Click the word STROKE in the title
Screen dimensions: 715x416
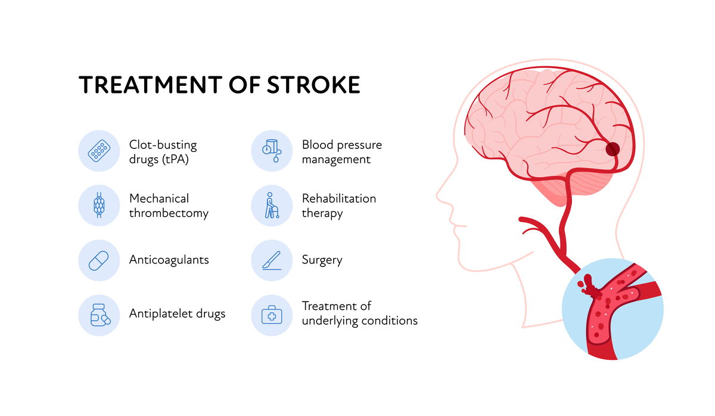coord(313,85)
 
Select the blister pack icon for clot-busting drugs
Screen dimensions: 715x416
coord(99,151)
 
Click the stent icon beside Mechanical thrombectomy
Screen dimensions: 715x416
coord(99,205)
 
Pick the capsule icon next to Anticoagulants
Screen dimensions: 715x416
coord(99,260)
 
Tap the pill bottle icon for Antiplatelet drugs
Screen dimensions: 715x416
coord(100,315)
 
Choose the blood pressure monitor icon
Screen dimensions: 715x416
coord(272,151)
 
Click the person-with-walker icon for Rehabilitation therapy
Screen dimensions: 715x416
coord(272,205)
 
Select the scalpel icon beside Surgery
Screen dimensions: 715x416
coord(272,260)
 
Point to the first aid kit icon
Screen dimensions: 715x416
coord(272,315)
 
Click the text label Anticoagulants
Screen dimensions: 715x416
coord(169,260)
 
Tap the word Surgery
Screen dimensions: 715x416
coord(322,260)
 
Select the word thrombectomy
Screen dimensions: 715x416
coord(169,213)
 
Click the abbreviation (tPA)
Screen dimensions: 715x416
coord(176,159)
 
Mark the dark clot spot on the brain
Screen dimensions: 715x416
coord(613,149)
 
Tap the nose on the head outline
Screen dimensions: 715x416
coord(442,195)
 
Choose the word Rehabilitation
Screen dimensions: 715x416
coord(339,198)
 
